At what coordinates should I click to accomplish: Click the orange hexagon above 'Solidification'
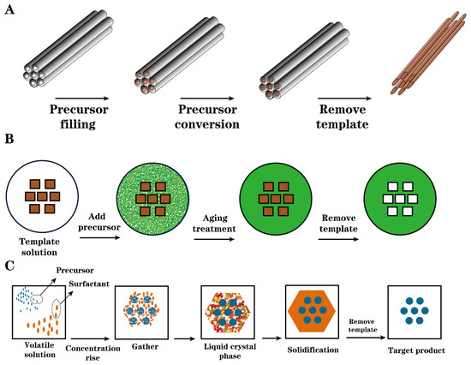point(313,312)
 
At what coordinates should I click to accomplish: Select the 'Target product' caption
point(409,351)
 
